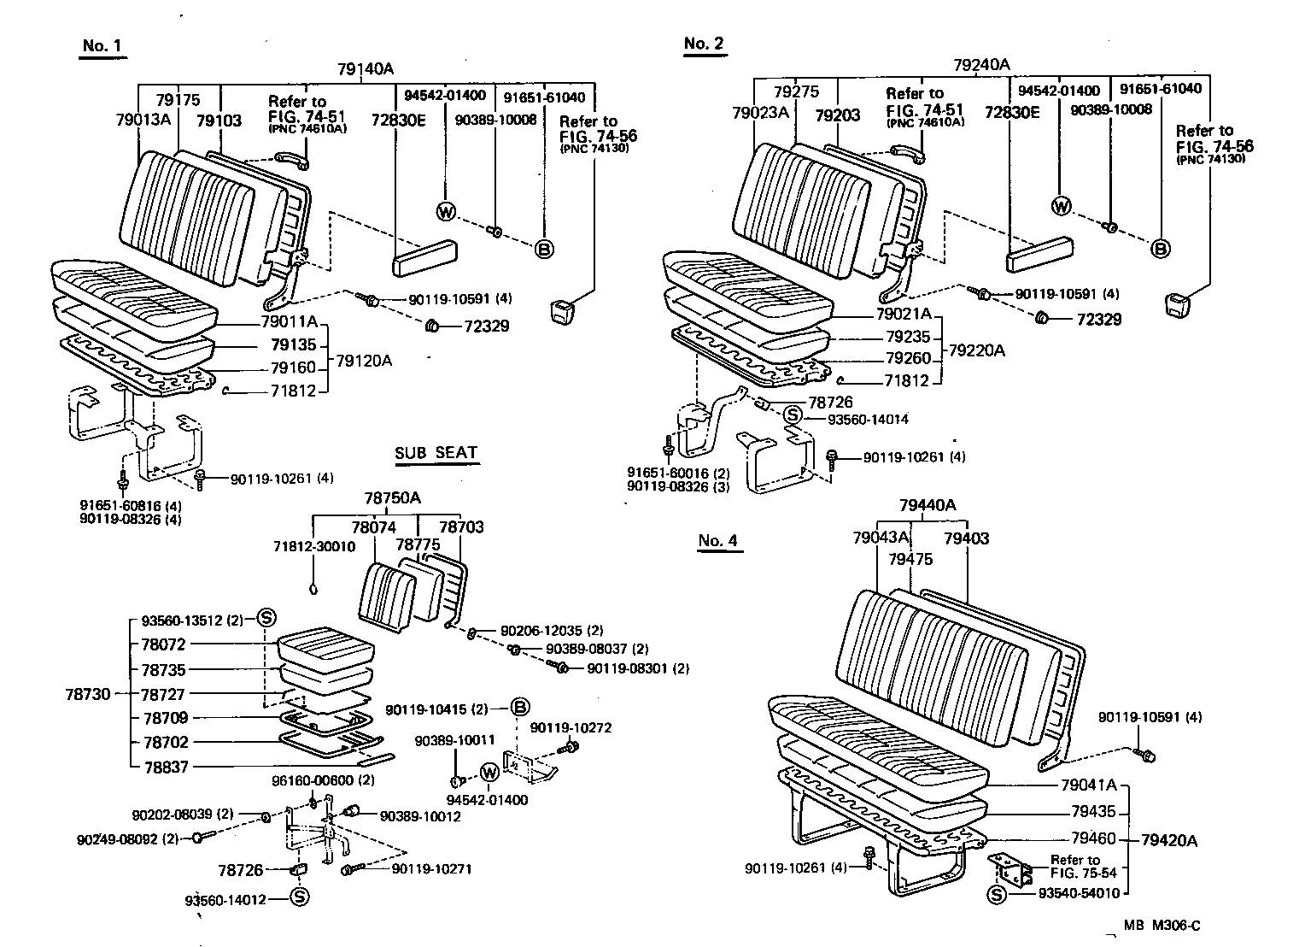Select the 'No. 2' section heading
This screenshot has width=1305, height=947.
[704, 44]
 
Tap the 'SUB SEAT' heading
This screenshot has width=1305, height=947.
[436, 453]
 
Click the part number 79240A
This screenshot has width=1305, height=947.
[981, 64]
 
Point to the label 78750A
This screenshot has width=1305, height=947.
[392, 498]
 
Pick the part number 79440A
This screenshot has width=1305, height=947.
[928, 505]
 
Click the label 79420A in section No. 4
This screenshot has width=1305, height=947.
[1169, 840]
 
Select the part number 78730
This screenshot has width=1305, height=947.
[87, 694]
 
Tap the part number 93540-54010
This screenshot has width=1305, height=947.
[1079, 893]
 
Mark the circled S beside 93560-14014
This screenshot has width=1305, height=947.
[793, 415]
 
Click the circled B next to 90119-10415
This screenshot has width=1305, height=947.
[520, 708]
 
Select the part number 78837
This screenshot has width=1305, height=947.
[164, 767]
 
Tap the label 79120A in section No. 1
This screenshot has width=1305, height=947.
[364, 361]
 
